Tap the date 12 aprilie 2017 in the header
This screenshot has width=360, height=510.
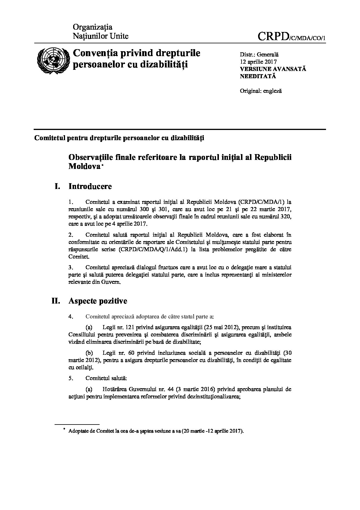tap(258, 62)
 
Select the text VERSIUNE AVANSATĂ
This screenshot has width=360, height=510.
tap(273, 69)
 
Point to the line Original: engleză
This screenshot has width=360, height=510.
tap(260, 91)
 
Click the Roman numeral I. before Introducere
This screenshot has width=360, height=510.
tap(57, 186)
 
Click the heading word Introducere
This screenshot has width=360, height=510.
tap(90, 186)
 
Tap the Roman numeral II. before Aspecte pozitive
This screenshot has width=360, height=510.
tap(56, 301)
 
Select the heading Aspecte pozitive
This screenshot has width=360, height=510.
tap(98, 301)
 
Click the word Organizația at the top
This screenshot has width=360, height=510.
tap(92, 27)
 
